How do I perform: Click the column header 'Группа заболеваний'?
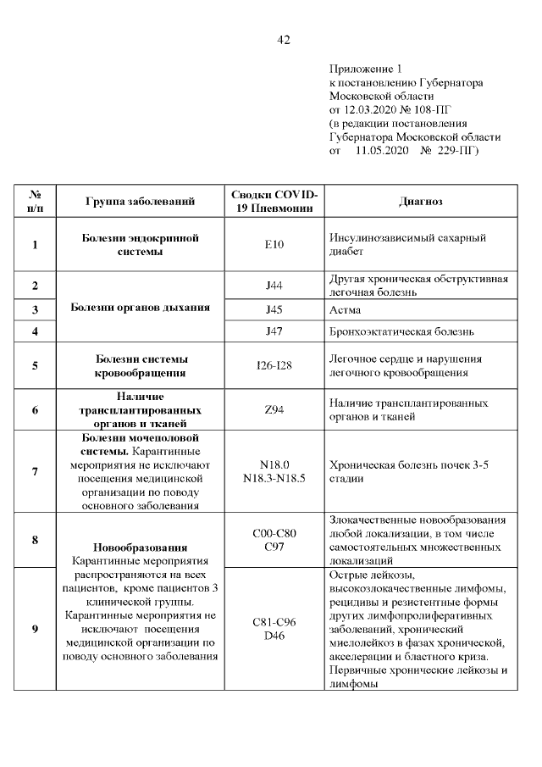click(x=140, y=202)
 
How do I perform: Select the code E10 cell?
click(x=274, y=245)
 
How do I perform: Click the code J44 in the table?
click(x=274, y=286)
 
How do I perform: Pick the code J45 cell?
click(x=274, y=309)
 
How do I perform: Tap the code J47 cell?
click(x=274, y=331)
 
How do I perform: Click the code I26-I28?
click(x=274, y=366)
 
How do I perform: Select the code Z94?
click(x=274, y=410)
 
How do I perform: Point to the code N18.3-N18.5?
click(x=274, y=478)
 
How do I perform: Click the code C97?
click(x=274, y=547)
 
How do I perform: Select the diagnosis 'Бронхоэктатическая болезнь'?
click(x=401, y=331)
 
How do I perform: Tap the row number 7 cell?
click(x=35, y=471)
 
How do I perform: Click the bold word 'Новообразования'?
click(x=140, y=547)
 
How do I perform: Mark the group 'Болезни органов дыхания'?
click(x=140, y=308)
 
